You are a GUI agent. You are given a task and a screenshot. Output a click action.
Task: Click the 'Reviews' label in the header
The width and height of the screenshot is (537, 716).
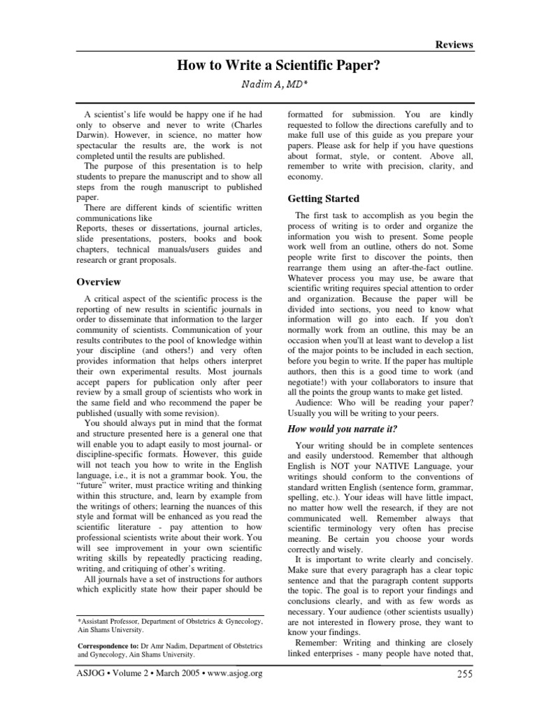pos(454,45)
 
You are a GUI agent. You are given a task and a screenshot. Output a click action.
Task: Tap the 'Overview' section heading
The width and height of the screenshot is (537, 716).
pos(99,282)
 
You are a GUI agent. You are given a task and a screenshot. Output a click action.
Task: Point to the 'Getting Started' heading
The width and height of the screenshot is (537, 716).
pos(324,199)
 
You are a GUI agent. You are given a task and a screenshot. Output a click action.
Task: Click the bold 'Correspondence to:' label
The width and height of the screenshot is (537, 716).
pos(107,648)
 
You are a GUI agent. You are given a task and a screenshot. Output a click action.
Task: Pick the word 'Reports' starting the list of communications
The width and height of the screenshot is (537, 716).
pos(92,229)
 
